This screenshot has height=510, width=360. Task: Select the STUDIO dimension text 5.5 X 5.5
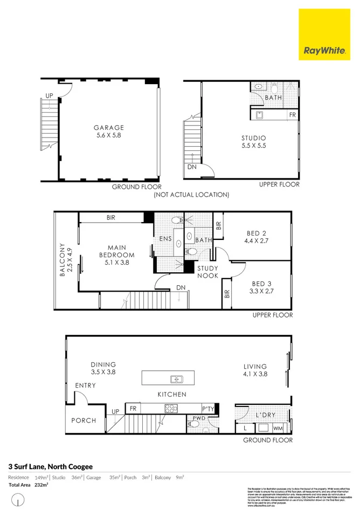(253, 146)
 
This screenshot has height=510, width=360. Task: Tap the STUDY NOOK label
(207, 272)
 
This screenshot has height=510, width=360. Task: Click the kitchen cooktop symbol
(171, 408)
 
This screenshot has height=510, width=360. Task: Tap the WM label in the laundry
(278, 428)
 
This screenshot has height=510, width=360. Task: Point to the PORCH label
(84, 421)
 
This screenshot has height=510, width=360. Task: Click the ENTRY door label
(85, 385)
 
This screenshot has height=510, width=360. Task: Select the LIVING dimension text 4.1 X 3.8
(255, 374)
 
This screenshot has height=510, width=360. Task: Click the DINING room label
(103, 364)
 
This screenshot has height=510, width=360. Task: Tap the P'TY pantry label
(208, 409)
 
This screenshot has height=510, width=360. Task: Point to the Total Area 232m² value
(40, 485)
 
